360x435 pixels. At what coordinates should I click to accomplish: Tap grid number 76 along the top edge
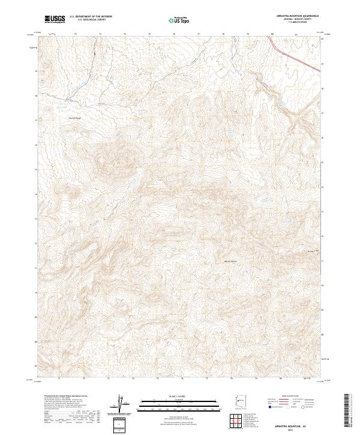173,34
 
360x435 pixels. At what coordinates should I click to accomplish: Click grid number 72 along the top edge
75,34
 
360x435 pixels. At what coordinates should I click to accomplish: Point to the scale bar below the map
173,401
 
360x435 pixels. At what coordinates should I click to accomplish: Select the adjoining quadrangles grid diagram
239,422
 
